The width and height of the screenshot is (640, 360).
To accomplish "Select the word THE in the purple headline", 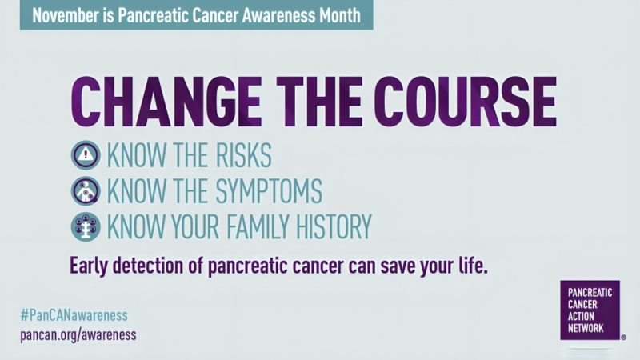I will point(321,102).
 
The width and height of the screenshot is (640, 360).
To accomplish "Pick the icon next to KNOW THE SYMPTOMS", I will point(86,190).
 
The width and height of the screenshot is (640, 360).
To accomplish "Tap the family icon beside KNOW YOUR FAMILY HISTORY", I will point(86,226).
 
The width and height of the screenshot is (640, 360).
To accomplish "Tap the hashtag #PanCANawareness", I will point(74,315).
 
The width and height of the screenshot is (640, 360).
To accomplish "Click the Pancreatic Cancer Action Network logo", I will point(590,310).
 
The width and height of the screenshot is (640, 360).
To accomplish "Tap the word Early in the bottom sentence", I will point(91,266).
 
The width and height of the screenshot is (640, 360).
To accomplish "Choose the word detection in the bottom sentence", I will point(160,266).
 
